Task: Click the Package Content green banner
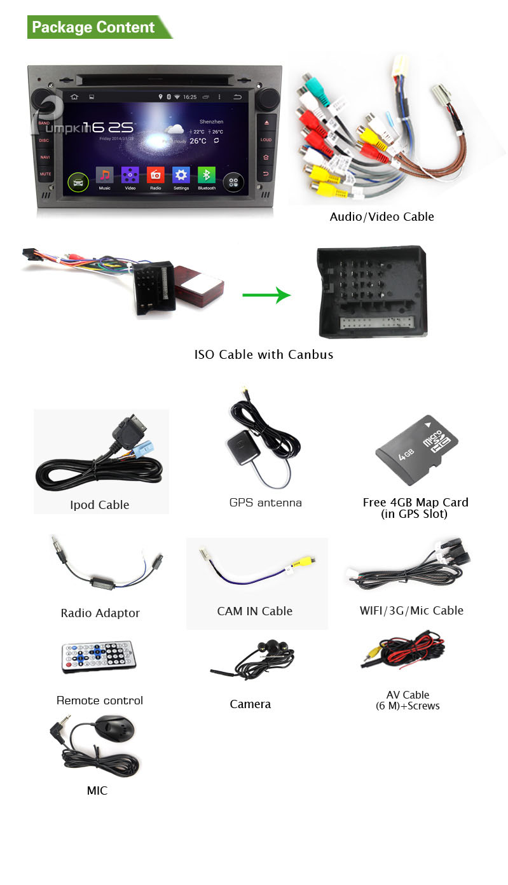pyautogui.click(x=95, y=27)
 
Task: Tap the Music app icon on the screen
pyautogui.click(x=104, y=176)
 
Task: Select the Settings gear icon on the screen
pyautogui.click(x=181, y=176)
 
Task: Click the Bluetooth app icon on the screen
pyautogui.click(x=207, y=176)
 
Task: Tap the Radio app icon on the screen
pyautogui.click(x=156, y=176)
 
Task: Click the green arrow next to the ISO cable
pyautogui.click(x=266, y=295)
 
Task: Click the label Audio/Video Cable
pyautogui.click(x=381, y=216)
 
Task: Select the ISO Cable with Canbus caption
pyautogui.click(x=264, y=354)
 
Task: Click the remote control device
pyautogui.click(x=99, y=657)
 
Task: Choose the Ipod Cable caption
pyautogui.click(x=100, y=505)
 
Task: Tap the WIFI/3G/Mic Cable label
pyautogui.click(x=411, y=610)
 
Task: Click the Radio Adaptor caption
pyautogui.click(x=100, y=613)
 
